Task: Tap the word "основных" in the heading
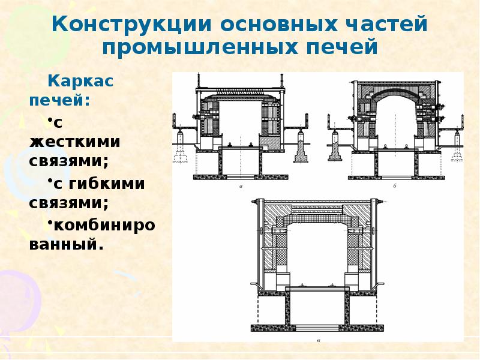click(x=276, y=25)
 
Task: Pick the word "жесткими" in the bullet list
click(x=74, y=142)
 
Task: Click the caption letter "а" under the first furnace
click(x=240, y=187)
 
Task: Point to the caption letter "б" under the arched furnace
click(x=395, y=187)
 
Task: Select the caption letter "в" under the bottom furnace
click(x=317, y=340)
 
